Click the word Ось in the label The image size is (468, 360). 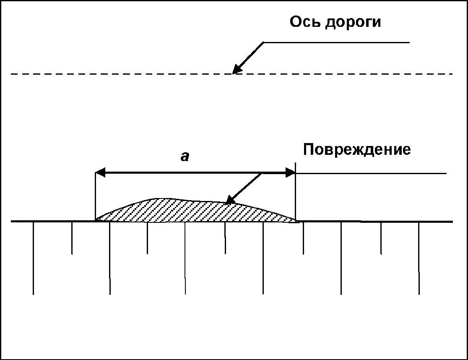(x=305, y=22)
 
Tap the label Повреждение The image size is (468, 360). (x=356, y=150)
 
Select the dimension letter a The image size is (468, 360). (x=185, y=157)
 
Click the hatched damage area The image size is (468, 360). (x=189, y=211)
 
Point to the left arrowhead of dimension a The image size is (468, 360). (x=100, y=172)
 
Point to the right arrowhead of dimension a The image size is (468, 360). (x=291, y=172)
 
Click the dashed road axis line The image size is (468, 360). (x=126, y=74)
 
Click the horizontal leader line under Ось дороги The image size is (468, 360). (x=335, y=42)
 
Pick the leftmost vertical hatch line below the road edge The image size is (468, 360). (x=33, y=258)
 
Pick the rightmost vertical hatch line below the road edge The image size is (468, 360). (x=419, y=258)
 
